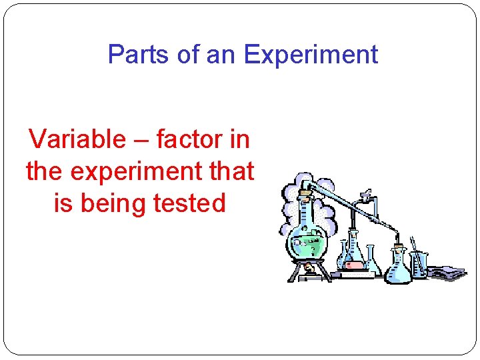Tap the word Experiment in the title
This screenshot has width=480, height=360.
click(x=311, y=54)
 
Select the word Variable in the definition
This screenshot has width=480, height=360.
click(x=77, y=139)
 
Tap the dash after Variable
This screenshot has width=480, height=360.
click(x=140, y=141)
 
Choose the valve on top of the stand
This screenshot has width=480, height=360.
click(x=365, y=196)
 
